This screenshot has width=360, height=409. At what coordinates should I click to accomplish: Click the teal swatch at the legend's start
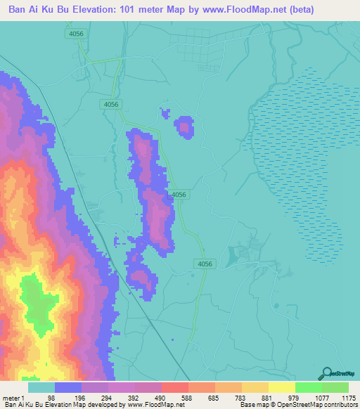(x=41, y=387)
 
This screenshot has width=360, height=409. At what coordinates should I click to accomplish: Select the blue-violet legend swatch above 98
(x=67, y=387)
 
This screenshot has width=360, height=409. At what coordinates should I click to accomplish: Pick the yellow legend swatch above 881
(x=281, y=387)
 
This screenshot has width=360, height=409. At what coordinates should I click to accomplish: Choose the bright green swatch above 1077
(x=308, y=387)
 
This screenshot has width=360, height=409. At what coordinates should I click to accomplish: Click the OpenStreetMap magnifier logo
(x=326, y=375)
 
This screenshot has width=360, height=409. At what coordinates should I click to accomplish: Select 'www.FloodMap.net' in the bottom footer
(x=156, y=404)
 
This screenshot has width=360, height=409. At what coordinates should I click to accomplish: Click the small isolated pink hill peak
(x=184, y=127)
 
